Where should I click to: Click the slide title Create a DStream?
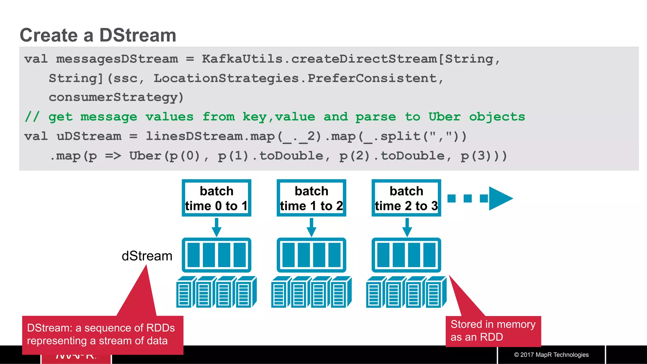(98, 35)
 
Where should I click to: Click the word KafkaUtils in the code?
(242, 59)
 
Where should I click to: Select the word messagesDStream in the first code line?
(117, 59)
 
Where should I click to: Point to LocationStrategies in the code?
(226, 78)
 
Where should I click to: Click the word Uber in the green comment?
(444, 117)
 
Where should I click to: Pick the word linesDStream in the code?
(194, 136)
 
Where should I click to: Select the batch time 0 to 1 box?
(216, 198)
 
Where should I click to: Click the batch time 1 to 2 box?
(311, 198)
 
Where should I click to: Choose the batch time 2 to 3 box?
(406, 198)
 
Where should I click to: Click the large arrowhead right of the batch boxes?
(499, 198)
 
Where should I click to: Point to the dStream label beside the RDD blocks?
(147, 256)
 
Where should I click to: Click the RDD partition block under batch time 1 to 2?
(311, 255)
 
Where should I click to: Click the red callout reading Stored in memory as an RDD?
(493, 331)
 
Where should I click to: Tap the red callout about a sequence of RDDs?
(101, 334)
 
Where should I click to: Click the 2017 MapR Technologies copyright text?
(551, 355)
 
